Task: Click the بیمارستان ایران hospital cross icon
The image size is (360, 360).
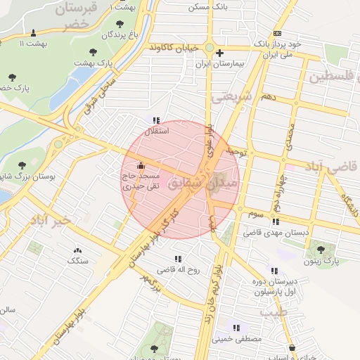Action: [220, 53]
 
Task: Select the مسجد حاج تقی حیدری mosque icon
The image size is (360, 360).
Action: [141, 167]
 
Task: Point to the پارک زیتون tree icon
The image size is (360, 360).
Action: [321, 249]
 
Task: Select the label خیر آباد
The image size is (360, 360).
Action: [51, 220]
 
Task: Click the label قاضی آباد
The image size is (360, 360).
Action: [330, 167]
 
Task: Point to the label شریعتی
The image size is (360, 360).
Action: [231, 99]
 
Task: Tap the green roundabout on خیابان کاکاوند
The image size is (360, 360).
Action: [209, 47]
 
